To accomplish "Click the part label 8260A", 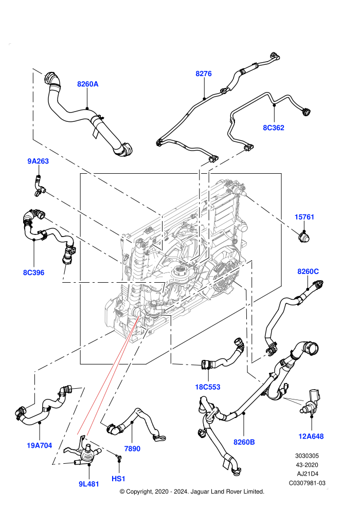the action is (87, 84).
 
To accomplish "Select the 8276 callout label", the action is (204, 74).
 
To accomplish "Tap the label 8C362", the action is (273, 128).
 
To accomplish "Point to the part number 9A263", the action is (38, 161).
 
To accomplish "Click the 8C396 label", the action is (34, 272).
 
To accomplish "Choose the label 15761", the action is (304, 217).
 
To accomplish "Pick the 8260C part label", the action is (308, 271).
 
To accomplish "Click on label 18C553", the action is (208, 387).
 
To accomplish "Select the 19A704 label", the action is (39, 445).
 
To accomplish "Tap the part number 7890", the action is (133, 449).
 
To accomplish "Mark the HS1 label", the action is (118, 479).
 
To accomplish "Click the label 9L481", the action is (88, 484).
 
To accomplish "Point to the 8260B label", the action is (244, 442).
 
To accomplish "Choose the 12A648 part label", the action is (311, 437).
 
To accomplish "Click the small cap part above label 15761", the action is (304, 238).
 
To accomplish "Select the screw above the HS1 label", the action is (119, 458).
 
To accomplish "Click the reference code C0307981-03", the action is (307, 483).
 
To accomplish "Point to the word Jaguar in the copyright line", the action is (201, 492).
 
